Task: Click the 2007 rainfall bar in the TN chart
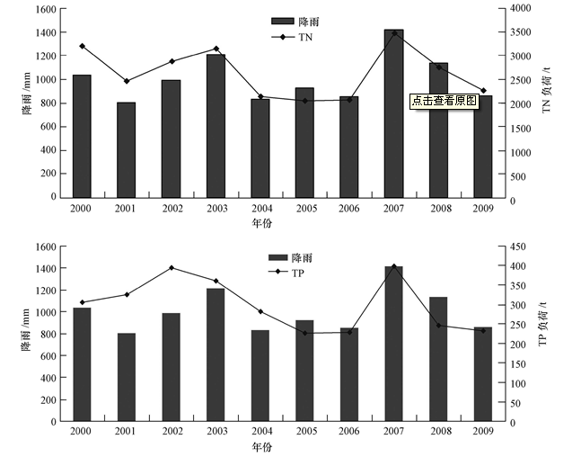[393, 113]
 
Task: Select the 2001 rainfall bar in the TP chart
[127, 377]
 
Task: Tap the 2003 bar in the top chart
[216, 126]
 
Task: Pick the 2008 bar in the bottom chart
[438, 359]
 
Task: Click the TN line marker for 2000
[82, 46]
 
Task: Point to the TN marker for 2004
[260, 96]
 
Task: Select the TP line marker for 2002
[171, 268]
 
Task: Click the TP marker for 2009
[483, 330]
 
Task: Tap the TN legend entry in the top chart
[296, 37]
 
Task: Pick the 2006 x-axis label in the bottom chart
[349, 433]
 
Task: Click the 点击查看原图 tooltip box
[445, 101]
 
